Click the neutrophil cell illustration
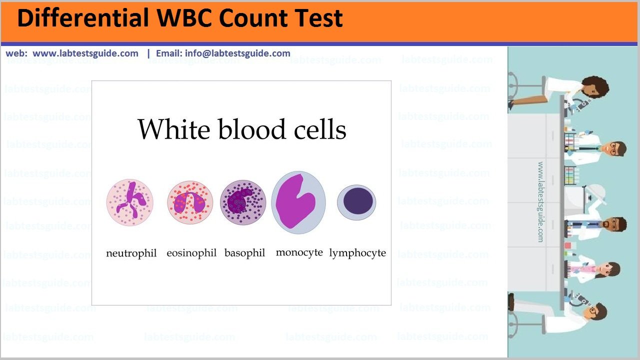coord(129,202)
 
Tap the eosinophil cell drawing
coord(190,202)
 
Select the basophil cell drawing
coord(243,202)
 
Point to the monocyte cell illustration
coord(298,202)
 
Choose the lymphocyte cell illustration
coord(356,202)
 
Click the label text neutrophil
coord(131,253)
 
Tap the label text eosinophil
coord(191,253)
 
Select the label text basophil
coord(245,253)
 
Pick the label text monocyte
coord(299,253)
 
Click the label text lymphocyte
coord(357,253)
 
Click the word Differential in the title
coord(83,17)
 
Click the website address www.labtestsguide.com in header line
coord(85,53)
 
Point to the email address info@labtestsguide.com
coord(237,53)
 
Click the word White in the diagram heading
coord(174,129)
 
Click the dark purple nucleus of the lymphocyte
coord(358,201)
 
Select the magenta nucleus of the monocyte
coord(295,201)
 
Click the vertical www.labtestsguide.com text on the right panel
coord(540,202)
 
